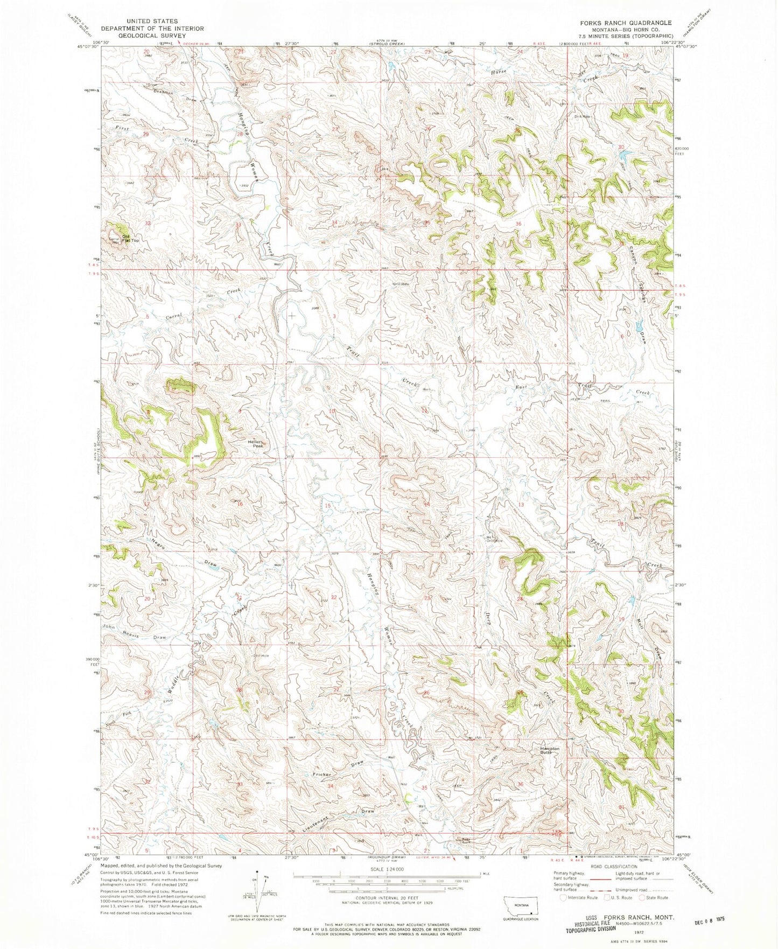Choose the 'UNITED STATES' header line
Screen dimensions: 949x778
[152, 21]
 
